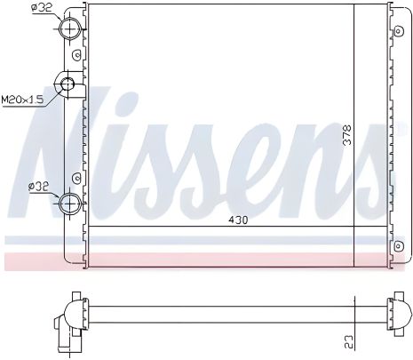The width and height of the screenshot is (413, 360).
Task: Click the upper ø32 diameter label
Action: (41, 9)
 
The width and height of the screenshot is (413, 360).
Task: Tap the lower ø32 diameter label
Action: (40, 188)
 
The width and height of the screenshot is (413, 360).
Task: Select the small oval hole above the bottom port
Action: (78, 179)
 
